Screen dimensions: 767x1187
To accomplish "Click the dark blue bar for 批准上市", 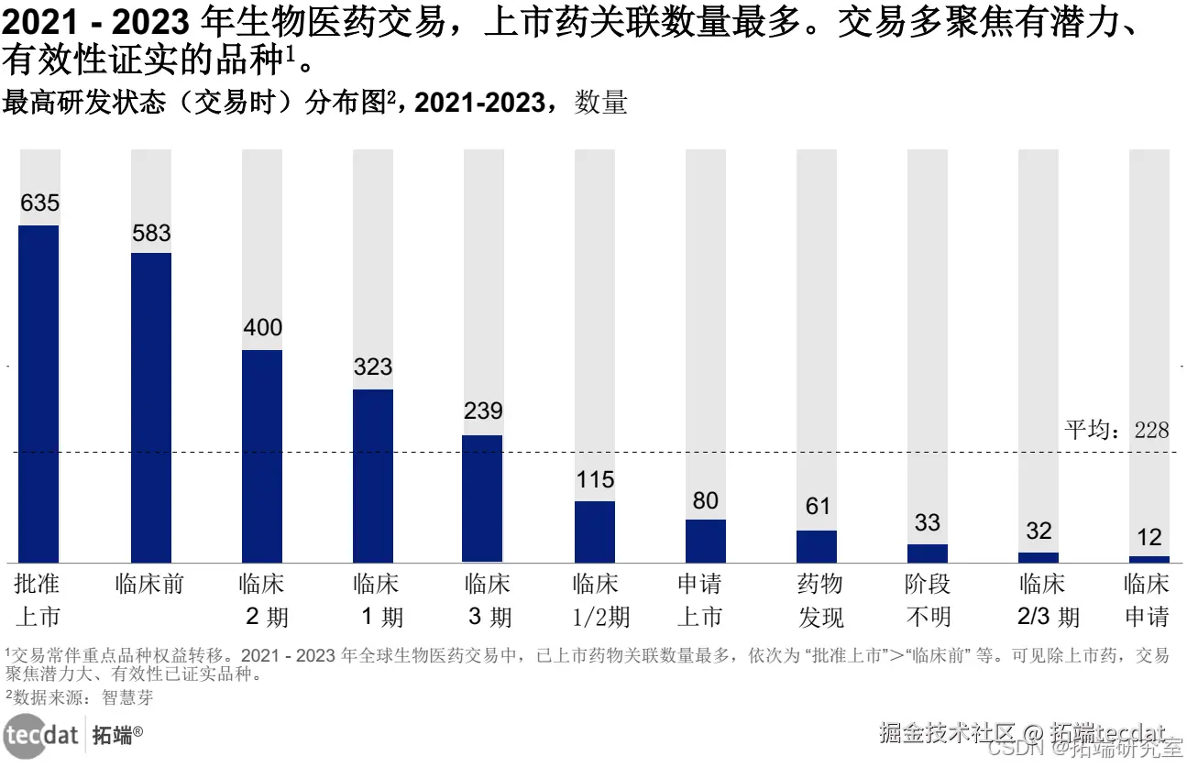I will pos(38,393).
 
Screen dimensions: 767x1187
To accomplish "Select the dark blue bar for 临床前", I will pos(150,407).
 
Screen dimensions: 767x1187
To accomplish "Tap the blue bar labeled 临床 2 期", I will pos(262,455).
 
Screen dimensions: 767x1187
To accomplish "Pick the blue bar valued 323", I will pos(373,476).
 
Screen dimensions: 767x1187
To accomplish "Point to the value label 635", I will pos(39,203).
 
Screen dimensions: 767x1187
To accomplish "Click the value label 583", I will pos(151,234).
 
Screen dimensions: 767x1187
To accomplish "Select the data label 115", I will pos(595,480).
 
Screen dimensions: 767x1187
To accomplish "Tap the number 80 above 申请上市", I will pos(706,500).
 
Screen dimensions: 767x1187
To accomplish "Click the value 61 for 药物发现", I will pos(817,507).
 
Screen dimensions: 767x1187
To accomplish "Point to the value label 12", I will pos(1149,537).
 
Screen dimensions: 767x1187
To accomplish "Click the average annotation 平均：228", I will pos(1116,430).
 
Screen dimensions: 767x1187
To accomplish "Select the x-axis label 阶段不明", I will pos(928,600).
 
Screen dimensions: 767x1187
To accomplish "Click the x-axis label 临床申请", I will pos(1148,600).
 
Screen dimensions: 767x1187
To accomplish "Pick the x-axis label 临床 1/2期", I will pos(597,600).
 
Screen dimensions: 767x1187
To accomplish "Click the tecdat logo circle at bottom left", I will pos(25,735).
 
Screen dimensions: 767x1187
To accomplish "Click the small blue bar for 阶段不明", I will pos(928,553).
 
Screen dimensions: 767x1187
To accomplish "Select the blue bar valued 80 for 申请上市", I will pos(706,541).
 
